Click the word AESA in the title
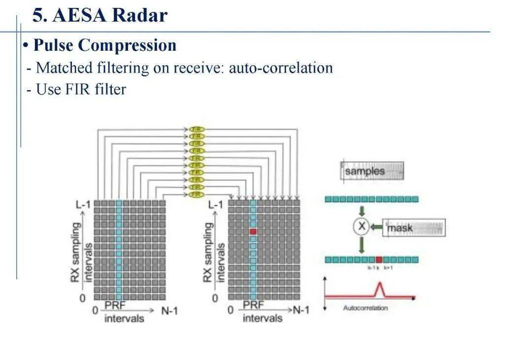pos(79,15)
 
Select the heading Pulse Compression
pos(104,45)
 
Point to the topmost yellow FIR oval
pos(197,129)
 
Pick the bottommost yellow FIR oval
pos(197,195)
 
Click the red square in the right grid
pos(253,231)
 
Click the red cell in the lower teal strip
pos(378,260)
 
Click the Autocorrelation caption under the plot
pos(365,308)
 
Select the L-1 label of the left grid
pos(82,204)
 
